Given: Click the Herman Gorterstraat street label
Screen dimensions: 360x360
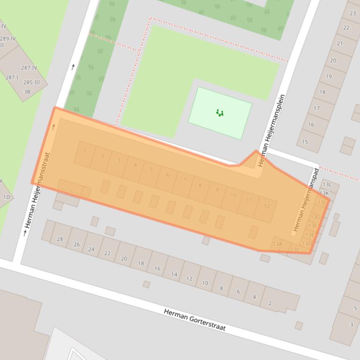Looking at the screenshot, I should pos(194,320).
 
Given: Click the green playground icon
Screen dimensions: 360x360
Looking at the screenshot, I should pos(220,113).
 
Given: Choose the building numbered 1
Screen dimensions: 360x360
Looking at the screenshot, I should pos(85,151).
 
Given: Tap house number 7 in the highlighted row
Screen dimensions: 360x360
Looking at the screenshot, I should pos(185,180).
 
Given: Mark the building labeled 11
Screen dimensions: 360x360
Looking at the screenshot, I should pos(249,200).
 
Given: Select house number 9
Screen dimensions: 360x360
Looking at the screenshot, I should pos(217,190).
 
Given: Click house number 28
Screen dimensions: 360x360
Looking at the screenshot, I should pos(60,239).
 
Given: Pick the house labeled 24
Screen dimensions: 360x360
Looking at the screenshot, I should pos(91,249).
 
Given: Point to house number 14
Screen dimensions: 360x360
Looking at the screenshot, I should pos(174,274).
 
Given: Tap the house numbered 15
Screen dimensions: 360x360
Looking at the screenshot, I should pos(305,142).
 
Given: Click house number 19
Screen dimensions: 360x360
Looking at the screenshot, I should pos(329,76).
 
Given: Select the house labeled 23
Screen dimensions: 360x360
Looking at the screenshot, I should pos(353,14).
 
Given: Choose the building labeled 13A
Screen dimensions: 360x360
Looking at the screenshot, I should pos(278,244).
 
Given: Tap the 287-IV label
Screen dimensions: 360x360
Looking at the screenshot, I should pos(29,68).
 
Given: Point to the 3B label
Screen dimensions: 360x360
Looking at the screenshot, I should pos(27,92).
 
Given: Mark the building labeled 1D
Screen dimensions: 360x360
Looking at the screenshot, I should pos(7,197).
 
